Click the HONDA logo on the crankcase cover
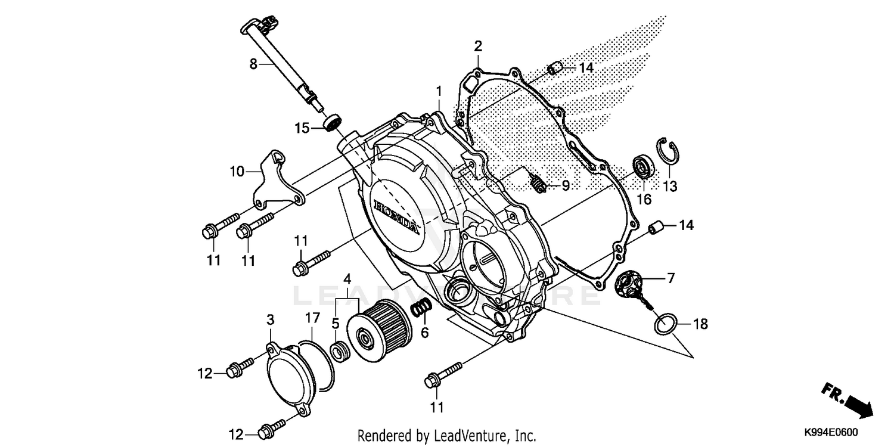(x=395, y=217)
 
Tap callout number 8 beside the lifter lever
(x=253, y=63)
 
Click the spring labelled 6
(x=421, y=308)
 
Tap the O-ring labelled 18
(x=665, y=324)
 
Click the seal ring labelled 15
(x=331, y=123)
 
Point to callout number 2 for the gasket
(x=478, y=46)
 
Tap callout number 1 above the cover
(x=439, y=91)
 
